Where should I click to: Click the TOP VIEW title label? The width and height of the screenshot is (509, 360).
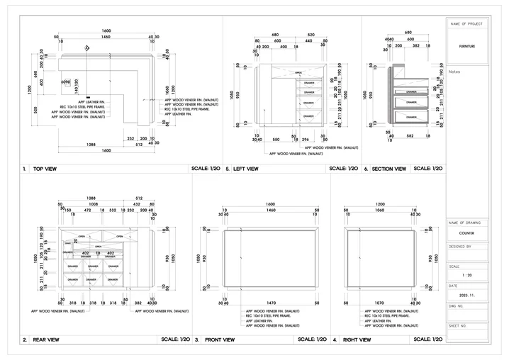[x=44, y=169]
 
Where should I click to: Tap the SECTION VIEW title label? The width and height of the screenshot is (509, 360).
[x=389, y=169]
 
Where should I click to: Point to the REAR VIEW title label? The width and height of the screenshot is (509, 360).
[x=45, y=339]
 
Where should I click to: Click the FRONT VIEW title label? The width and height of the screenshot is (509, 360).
[x=219, y=339]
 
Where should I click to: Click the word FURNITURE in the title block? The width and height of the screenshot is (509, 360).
[x=466, y=45]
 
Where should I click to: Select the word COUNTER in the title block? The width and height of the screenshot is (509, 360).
[x=466, y=232]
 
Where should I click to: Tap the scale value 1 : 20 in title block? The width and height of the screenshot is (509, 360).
[x=466, y=274]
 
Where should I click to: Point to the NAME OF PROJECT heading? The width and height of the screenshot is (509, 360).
[x=466, y=24]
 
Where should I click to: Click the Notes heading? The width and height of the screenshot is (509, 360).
[x=455, y=72]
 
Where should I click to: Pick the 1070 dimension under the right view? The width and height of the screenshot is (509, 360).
[x=380, y=303]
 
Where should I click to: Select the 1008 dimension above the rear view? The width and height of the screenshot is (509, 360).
[x=93, y=203]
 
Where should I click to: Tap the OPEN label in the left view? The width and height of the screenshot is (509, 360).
[x=298, y=72]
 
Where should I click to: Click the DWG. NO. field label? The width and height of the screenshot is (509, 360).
[x=457, y=305]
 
